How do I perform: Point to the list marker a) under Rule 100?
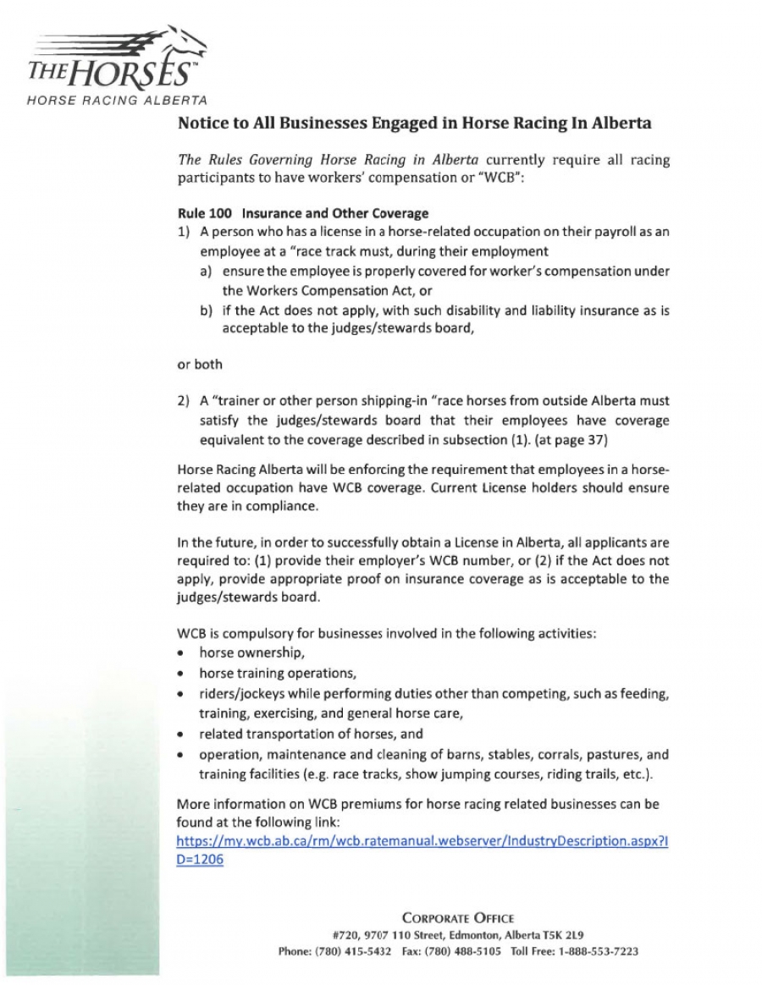tap(207, 271)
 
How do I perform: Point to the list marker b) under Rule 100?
tap(207, 311)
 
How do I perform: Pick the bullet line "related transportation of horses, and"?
tap(311, 734)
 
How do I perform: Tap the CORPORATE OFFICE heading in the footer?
tap(457, 917)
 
